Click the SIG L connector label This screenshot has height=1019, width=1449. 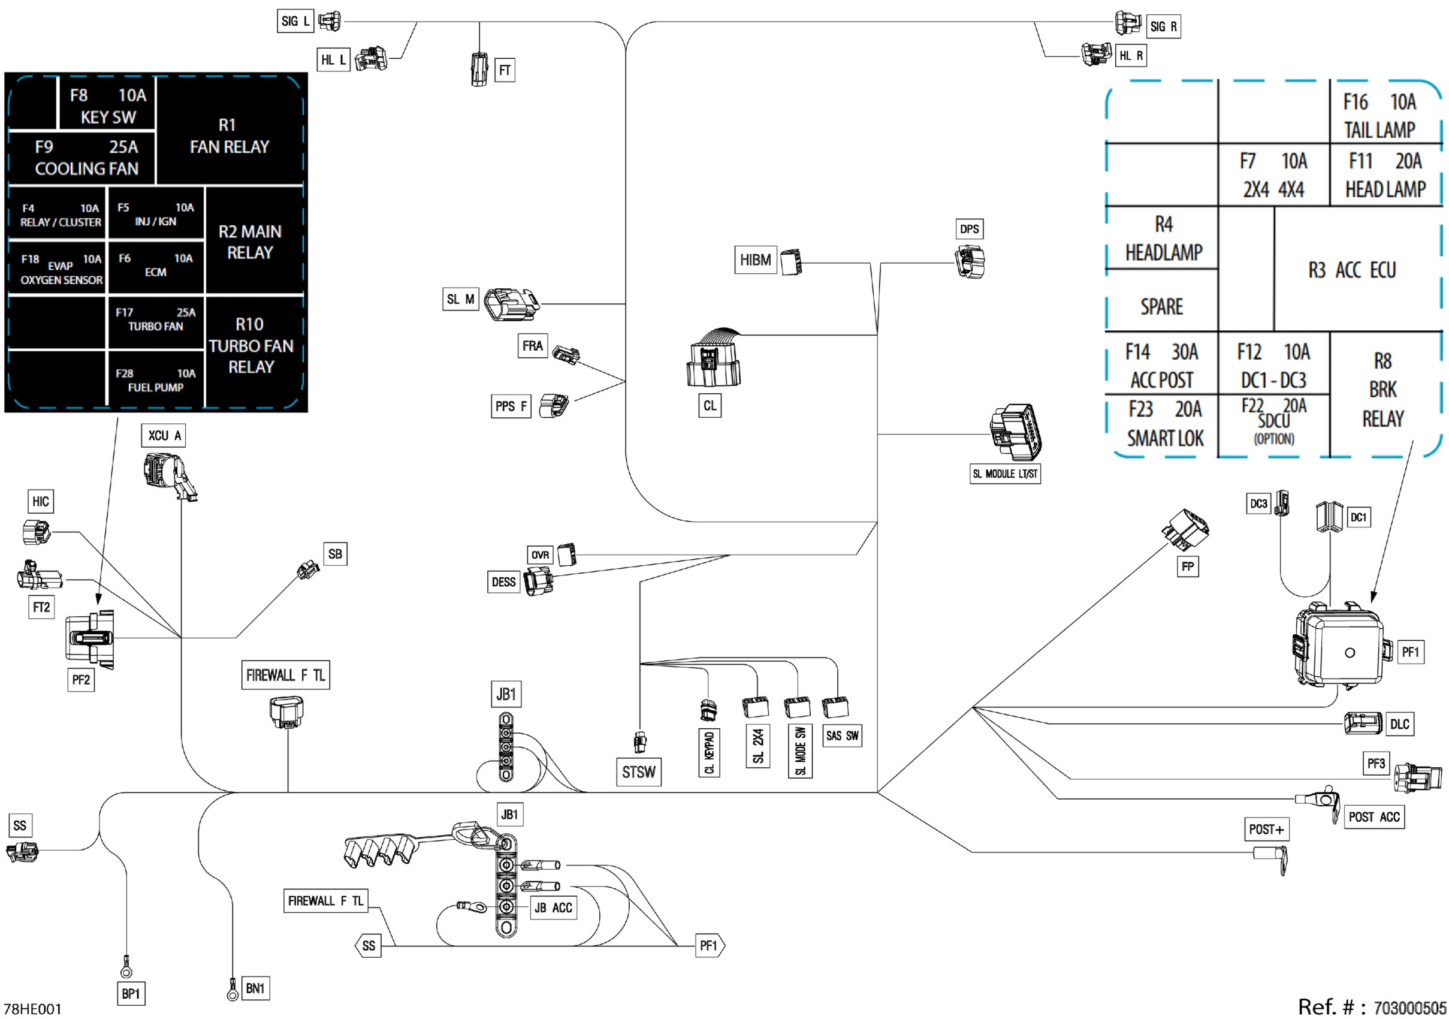(295, 21)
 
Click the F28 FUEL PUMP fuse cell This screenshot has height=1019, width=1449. (156, 380)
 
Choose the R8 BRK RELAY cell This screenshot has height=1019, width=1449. (1382, 390)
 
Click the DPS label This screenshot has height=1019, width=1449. (970, 228)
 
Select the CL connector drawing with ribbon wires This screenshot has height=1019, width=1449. (714, 357)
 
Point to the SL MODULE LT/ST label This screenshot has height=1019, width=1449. (1006, 474)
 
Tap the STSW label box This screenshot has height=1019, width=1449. (639, 771)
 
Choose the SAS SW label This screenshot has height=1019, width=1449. (843, 735)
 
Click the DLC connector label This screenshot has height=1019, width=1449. (1400, 724)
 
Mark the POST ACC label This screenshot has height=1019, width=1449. (1375, 817)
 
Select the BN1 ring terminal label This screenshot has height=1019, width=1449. (255, 988)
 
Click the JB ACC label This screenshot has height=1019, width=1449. (554, 908)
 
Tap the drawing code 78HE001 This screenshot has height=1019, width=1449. (32, 1009)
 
